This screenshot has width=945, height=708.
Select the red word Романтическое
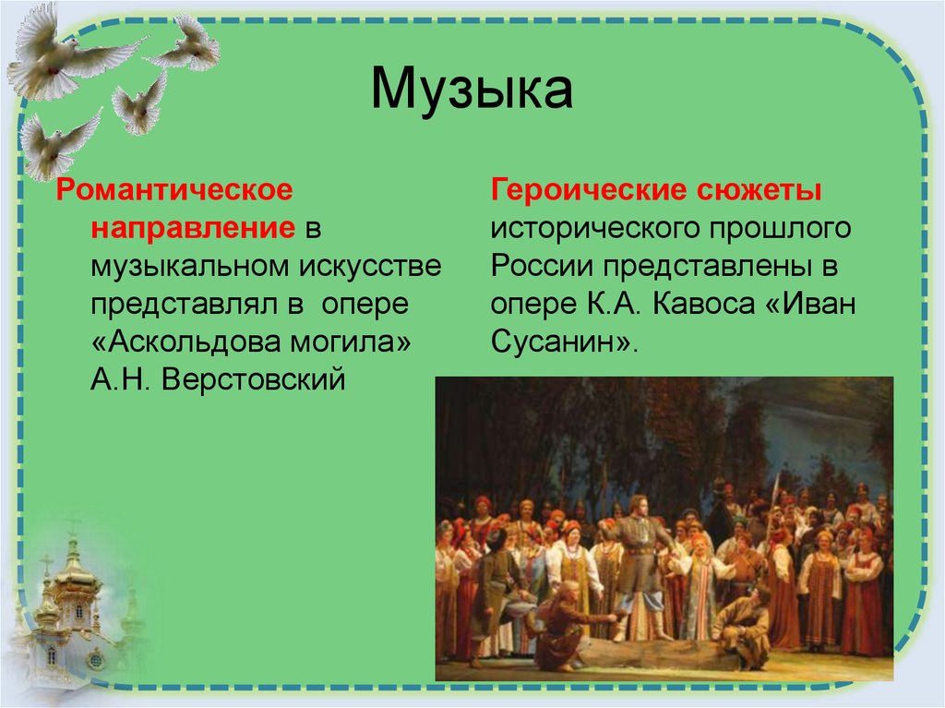coord(174,190)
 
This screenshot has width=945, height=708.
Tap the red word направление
coord(192,228)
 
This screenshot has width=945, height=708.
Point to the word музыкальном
coord(188,266)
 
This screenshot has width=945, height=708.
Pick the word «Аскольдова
coord(190,342)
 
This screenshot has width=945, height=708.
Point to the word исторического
coord(583,228)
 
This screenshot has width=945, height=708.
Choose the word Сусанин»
coord(564,342)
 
